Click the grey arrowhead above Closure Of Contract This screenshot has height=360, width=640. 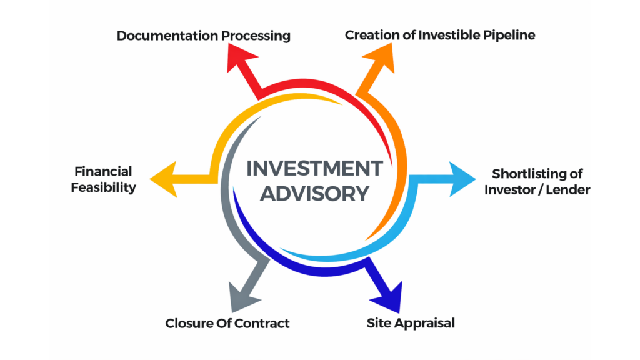pyautogui.click(x=241, y=296)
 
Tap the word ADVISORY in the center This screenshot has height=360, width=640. pyautogui.click(x=314, y=194)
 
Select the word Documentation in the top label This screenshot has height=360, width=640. pyautogui.click(x=166, y=36)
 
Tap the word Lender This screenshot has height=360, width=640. pyautogui.click(x=567, y=189)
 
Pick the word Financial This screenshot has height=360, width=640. pyautogui.click(x=103, y=171)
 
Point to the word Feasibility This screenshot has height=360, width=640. pyautogui.click(x=103, y=187)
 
